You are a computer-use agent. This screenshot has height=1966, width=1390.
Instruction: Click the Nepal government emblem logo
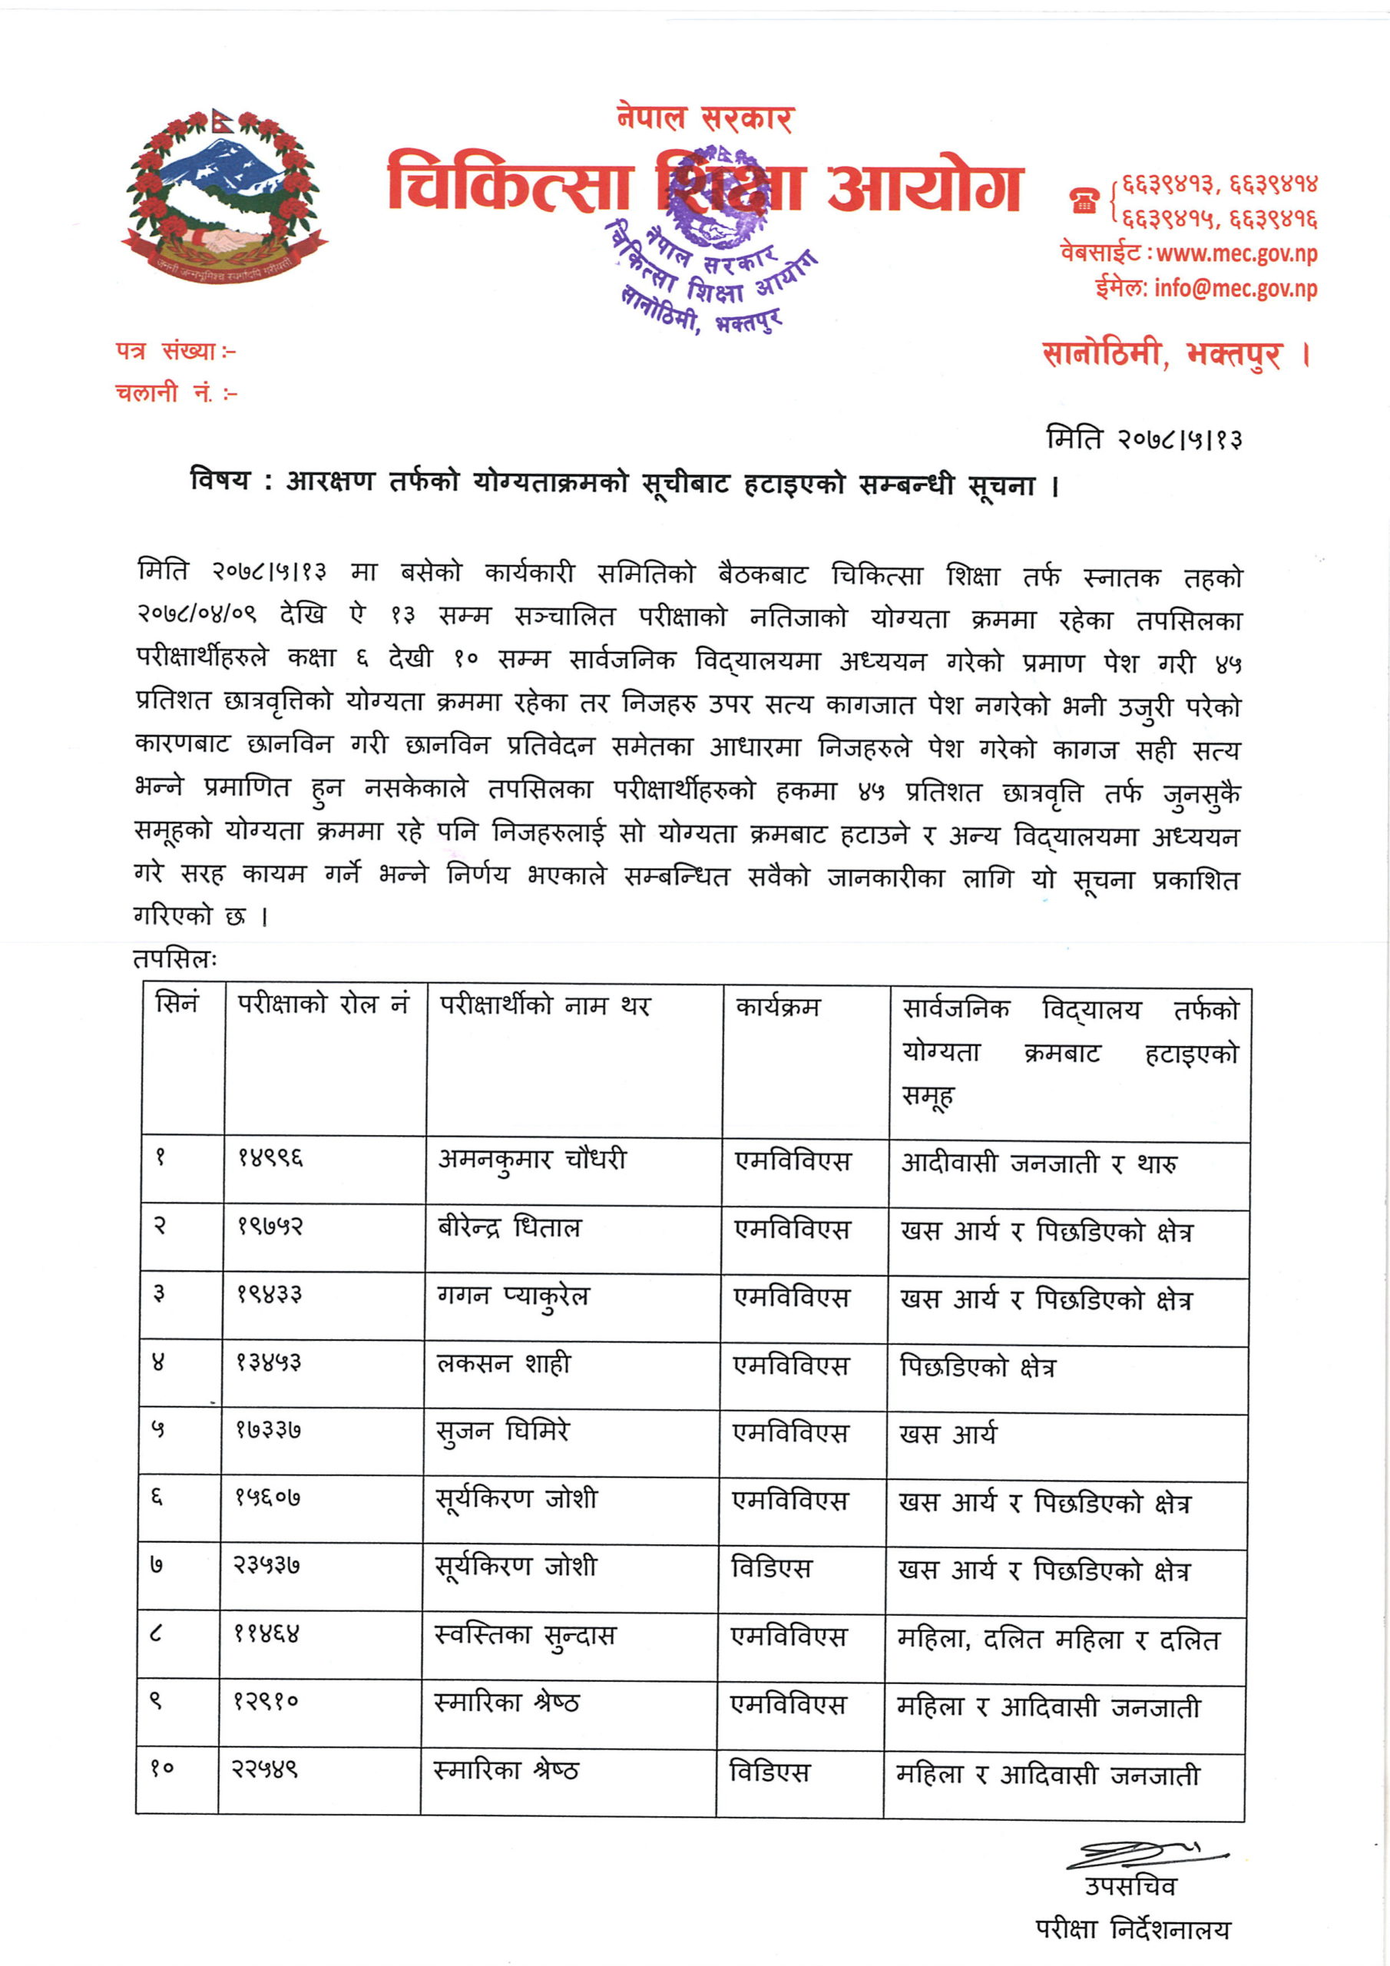pos(224,196)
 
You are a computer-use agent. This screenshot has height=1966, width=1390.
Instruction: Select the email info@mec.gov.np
pos(1234,289)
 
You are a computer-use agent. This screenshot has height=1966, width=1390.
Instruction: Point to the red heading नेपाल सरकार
pos(705,118)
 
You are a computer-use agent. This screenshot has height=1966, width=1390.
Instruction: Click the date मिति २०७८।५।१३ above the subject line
pos(1143,439)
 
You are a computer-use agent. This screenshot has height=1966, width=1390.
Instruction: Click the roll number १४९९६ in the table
pos(270,1159)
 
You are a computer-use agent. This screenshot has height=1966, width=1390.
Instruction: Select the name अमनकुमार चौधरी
pos(532,1160)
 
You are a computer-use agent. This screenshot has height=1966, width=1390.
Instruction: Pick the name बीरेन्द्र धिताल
pos(508,1228)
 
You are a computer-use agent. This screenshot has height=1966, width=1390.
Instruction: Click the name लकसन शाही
pos(504,1363)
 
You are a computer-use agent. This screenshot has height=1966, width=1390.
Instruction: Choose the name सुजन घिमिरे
pos(503,1431)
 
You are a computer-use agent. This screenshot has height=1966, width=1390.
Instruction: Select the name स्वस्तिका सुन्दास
pos(525,1636)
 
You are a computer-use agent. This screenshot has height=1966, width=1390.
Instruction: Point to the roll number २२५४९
pos(266,1769)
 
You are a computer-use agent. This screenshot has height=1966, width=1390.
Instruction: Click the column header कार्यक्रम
pos(778,1007)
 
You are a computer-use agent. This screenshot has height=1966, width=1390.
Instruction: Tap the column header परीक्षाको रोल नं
pos(324,1004)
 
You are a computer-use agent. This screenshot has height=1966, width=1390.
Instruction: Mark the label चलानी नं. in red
pos(175,393)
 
